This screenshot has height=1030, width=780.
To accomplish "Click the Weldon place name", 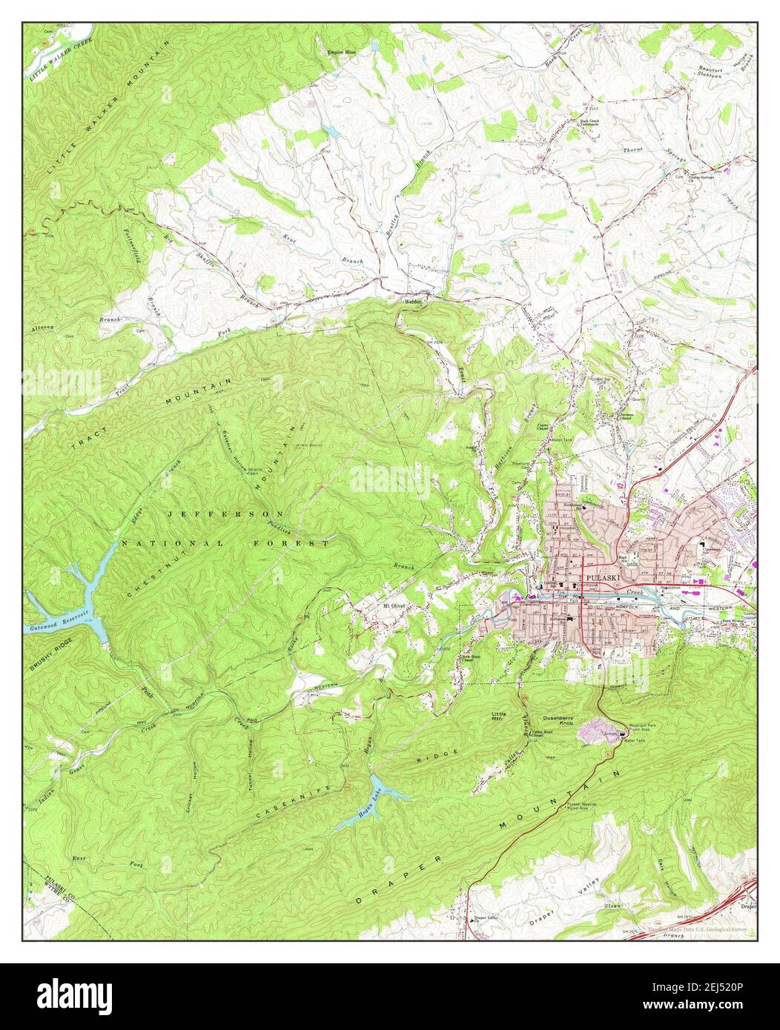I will [x=412, y=302].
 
